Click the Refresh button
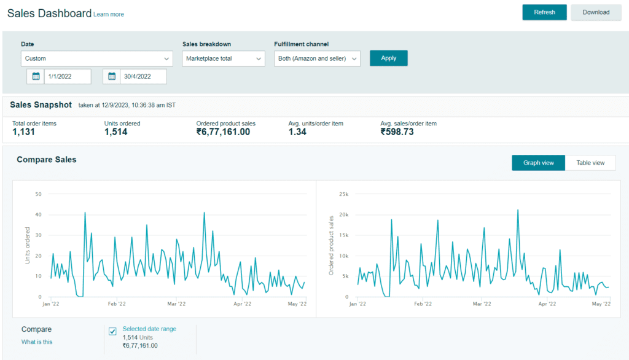coord(544,12)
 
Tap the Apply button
coord(388,58)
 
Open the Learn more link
coord(109,15)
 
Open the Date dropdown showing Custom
coord(96,58)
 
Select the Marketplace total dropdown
coord(224,58)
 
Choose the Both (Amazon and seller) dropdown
coord(317,58)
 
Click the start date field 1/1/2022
coord(68,76)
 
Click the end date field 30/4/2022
coord(143,76)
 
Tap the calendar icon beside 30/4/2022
coord(112,76)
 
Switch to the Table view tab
coord(590,163)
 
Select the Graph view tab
coord(538,163)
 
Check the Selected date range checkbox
coord(113,331)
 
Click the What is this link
coord(37,342)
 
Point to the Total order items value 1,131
coord(24,132)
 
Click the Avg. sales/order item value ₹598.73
coord(397,132)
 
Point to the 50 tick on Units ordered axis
coord(38,194)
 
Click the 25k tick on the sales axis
coord(344,194)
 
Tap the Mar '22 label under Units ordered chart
coord(176,304)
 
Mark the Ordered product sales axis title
coord(331,246)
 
